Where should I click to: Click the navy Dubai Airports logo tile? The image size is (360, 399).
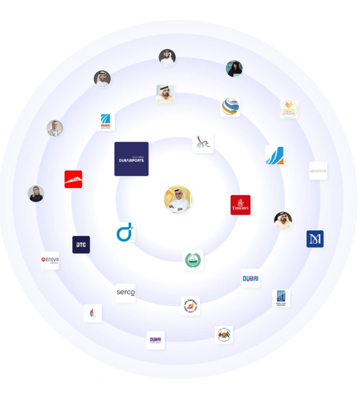click(131, 159)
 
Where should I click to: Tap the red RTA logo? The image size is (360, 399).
click(73, 179)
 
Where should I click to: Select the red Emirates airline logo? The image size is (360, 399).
click(240, 205)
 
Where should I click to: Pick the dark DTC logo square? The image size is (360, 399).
click(81, 245)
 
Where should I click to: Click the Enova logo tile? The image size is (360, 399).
click(50, 260)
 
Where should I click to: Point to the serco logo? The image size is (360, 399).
click(126, 293)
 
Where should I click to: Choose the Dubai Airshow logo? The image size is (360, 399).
click(105, 122)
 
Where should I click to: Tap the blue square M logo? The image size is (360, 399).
click(315, 239)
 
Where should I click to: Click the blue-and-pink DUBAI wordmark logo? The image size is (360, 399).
click(250, 278)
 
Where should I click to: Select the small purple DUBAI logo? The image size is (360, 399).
click(155, 340)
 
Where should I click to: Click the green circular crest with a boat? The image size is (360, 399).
click(193, 260)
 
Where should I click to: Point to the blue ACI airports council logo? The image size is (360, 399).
click(281, 298)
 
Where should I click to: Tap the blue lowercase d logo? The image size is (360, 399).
click(126, 232)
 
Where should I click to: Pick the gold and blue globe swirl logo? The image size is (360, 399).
click(230, 106)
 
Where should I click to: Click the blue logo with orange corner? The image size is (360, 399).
click(275, 155)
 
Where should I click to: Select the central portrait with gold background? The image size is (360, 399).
click(178, 199)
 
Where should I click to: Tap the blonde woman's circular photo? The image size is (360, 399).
click(36, 193)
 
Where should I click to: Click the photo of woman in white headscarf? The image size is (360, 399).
click(55, 128)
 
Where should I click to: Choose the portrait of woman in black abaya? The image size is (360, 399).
click(234, 68)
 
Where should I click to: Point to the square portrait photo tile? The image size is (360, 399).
click(165, 94)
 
